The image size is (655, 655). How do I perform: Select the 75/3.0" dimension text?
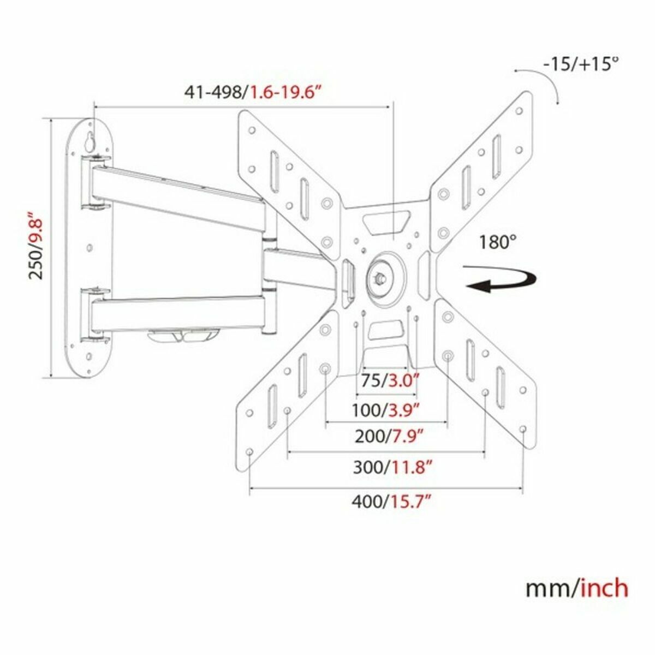pyautogui.click(x=388, y=380)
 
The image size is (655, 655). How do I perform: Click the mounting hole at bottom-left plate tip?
pyautogui.click(x=249, y=452)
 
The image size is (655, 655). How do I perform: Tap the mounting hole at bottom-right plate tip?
pyautogui.click(x=522, y=430)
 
